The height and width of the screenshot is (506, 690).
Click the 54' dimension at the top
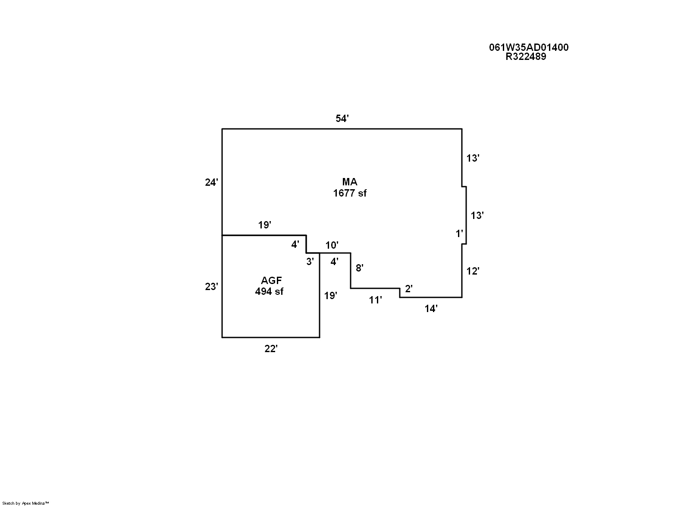click(x=342, y=119)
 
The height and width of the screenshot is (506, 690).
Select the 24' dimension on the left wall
click(x=211, y=182)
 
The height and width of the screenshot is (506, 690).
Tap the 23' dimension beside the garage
click(x=211, y=287)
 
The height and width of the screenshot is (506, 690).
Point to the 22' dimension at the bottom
click(x=271, y=349)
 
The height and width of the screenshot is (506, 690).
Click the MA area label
click(x=350, y=182)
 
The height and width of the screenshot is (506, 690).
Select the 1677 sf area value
click(x=350, y=193)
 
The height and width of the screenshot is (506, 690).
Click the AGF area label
click(x=271, y=281)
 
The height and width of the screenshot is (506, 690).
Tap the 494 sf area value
click(x=269, y=291)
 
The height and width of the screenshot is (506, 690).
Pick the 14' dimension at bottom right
click(x=431, y=309)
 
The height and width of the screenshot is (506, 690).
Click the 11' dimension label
click(x=375, y=300)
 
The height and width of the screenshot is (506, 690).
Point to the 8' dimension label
click(x=359, y=268)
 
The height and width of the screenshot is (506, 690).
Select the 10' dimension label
click(x=332, y=246)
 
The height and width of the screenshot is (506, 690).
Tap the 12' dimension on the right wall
click(x=473, y=271)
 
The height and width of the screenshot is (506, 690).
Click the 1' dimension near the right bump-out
click(x=460, y=234)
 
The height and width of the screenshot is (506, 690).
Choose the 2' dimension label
click(x=408, y=289)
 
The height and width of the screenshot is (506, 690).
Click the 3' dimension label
click(x=310, y=261)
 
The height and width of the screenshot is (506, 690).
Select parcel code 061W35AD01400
click(x=529, y=47)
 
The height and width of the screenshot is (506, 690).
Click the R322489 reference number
click(x=526, y=56)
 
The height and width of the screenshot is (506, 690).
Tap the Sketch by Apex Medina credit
click(x=26, y=503)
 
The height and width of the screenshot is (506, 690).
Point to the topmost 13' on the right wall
click(x=473, y=158)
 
